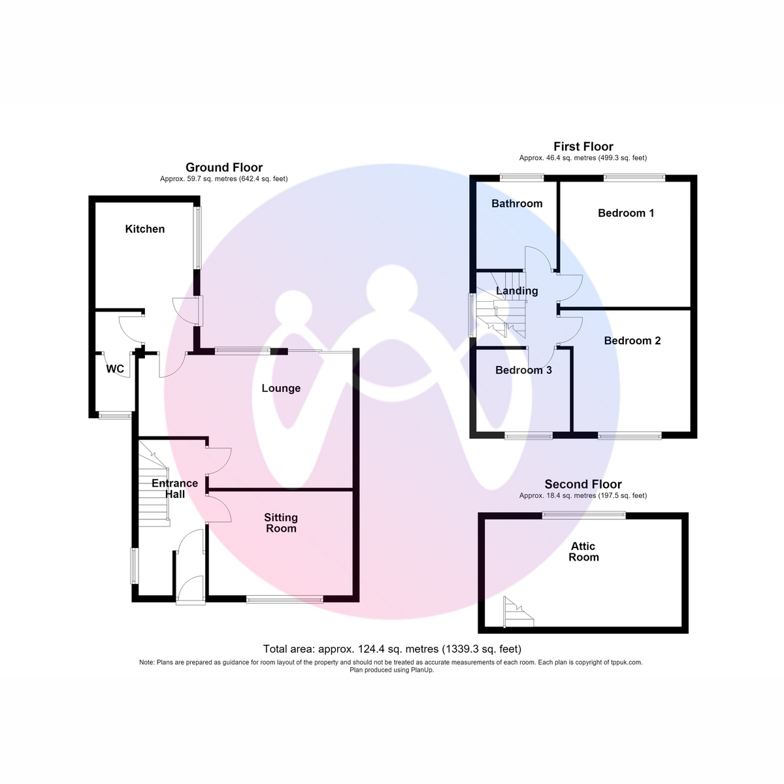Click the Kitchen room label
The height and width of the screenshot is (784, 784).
[x=145, y=229]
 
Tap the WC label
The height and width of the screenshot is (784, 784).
[x=115, y=369]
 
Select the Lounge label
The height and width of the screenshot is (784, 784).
[x=281, y=388]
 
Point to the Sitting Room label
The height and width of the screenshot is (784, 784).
[x=281, y=523]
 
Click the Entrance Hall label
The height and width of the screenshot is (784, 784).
[x=175, y=489]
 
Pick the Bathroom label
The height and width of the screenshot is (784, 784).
[x=517, y=203]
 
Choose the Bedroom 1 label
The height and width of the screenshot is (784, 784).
[x=626, y=213]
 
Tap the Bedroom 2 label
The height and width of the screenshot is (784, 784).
[x=632, y=340]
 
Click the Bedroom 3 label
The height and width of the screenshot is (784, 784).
[x=523, y=370]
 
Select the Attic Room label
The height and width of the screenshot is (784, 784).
[x=583, y=551]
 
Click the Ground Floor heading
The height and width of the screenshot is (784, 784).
[x=224, y=167]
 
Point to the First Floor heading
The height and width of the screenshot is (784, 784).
[x=583, y=146]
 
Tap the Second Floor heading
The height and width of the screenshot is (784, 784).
[x=583, y=484]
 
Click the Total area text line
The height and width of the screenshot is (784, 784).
[x=392, y=649]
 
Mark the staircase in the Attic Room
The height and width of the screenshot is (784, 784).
[x=518, y=612]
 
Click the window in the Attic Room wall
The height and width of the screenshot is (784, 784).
[x=584, y=515]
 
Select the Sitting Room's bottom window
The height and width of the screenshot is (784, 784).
[x=284, y=599]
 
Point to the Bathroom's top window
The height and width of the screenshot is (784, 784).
[x=521, y=178]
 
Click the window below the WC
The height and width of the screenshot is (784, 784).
[x=115, y=416]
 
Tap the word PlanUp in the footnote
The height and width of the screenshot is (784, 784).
[x=423, y=670]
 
